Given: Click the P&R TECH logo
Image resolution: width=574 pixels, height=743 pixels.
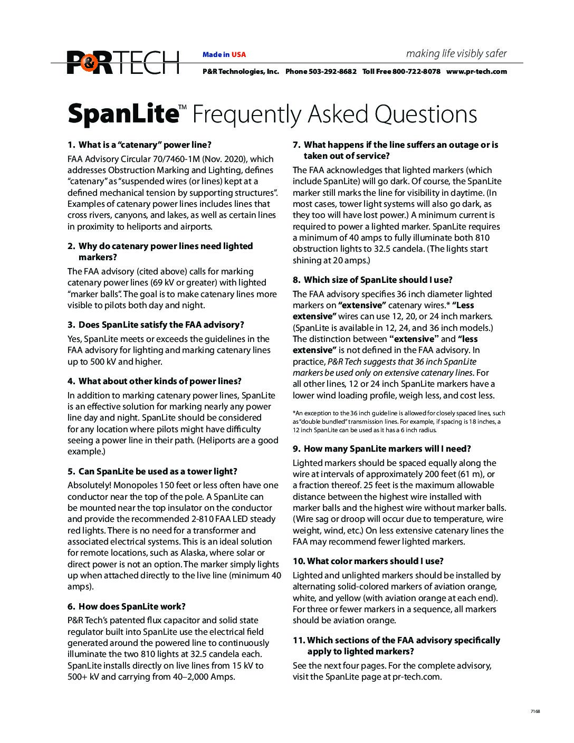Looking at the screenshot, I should (x=123, y=63).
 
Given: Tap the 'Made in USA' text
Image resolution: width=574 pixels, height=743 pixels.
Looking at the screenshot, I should (x=224, y=54).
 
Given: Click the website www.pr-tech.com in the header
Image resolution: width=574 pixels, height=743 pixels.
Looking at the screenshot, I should (x=476, y=72).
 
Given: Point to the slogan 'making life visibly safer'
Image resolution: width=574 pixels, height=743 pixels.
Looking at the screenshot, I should (x=456, y=53).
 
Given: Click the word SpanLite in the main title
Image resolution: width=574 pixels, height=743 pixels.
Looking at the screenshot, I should (x=121, y=115).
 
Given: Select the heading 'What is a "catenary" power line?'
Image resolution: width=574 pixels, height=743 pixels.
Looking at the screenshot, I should (x=145, y=145).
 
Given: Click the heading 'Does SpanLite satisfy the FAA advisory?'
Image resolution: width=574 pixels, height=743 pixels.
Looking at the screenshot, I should (x=161, y=325).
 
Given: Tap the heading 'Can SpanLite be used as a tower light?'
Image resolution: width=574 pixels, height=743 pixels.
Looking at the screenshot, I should (x=158, y=471).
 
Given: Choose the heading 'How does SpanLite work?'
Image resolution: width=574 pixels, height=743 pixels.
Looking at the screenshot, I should (x=132, y=606).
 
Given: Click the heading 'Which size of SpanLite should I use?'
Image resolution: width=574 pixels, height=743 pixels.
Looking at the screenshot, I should (x=378, y=280).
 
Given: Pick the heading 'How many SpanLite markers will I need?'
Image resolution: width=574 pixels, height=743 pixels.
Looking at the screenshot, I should (x=387, y=449).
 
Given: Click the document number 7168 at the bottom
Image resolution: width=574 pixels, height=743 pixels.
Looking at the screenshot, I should (x=535, y=711).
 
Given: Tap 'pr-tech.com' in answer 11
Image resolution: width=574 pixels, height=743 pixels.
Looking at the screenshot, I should (x=416, y=677).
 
